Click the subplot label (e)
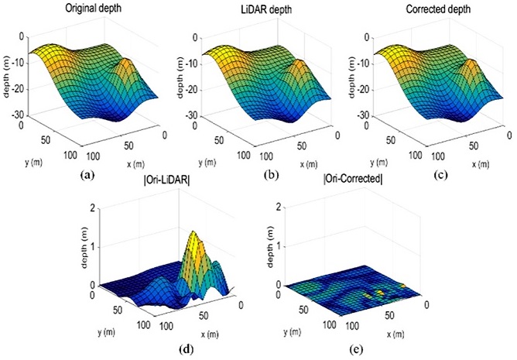(x=354, y=348)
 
